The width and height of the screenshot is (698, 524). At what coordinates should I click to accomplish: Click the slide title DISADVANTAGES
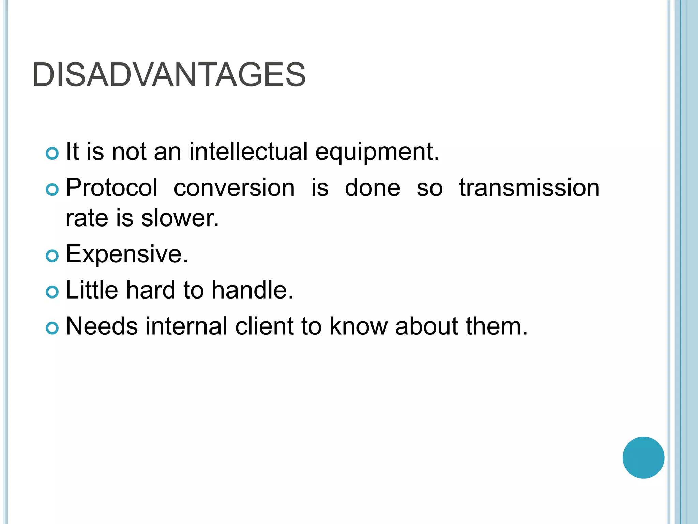point(169,75)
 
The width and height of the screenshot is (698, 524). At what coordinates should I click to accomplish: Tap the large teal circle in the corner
point(643,457)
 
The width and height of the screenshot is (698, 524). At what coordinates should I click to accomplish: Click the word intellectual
point(248,151)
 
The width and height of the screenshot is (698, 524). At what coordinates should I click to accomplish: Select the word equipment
point(377,152)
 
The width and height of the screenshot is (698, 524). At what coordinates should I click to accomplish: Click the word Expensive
point(127,254)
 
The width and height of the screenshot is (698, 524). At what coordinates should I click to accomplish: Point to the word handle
point(252,290)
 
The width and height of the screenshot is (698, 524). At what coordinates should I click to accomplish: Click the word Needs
point(102,326)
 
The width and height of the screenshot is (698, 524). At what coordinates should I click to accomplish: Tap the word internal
point(186,326)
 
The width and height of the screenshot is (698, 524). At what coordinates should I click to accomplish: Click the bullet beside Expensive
point(52,256)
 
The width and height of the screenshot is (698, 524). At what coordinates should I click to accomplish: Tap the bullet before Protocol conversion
point(52,189)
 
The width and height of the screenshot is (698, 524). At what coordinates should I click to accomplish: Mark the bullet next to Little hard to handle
point(52,292)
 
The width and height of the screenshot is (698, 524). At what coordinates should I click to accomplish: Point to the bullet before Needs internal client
point(52,328)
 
